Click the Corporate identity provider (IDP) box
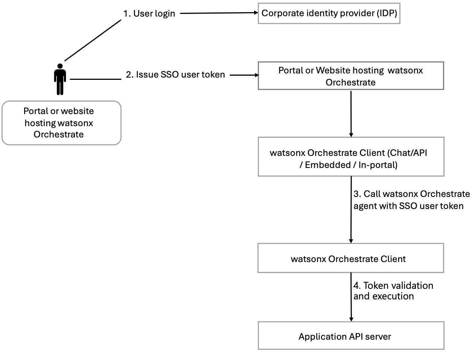[329, 13]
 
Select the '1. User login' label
[149, 14]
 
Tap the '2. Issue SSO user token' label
[175, 75]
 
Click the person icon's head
[60, 66]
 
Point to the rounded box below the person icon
[61, 123]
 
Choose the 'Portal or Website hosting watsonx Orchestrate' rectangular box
[351, 76]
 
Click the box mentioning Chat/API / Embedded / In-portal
[351, 157]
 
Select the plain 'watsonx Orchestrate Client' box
[351, 258]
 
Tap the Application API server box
[351, 336]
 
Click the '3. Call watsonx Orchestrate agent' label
[412, 200]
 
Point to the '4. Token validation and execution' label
[393, 291]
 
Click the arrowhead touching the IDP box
[256, 13]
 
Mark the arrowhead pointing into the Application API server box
[351, 319]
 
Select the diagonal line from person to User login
[93, 40]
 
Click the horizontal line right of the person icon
[96, 79]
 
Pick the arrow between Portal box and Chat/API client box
[351, 114]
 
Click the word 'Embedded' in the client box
[328, 165]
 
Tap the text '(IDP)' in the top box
[387, 13]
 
